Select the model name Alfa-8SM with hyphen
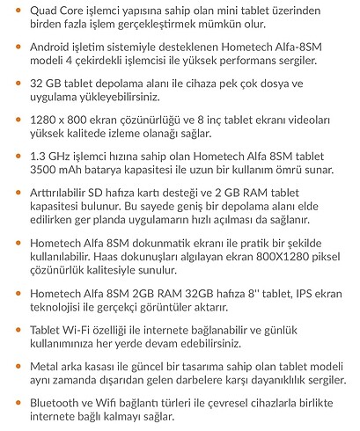tap(290, 46)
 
